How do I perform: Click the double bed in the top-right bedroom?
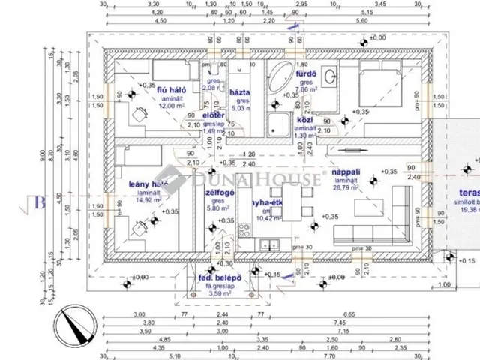point(390,91)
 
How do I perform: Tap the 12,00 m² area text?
point(149,106)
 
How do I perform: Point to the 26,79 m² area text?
point(349,187)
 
